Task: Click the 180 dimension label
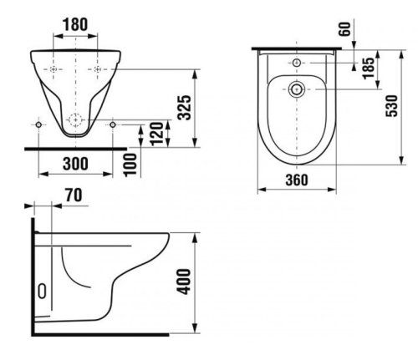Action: coord(75,24)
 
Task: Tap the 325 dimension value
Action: coord(185,108)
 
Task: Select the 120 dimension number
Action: coord(156,134)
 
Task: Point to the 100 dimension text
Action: coord(130,165)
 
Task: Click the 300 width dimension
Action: coord(75,164)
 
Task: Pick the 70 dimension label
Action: coord(74,195)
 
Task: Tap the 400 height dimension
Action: coord(184,281)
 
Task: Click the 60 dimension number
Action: coord(344,29)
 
